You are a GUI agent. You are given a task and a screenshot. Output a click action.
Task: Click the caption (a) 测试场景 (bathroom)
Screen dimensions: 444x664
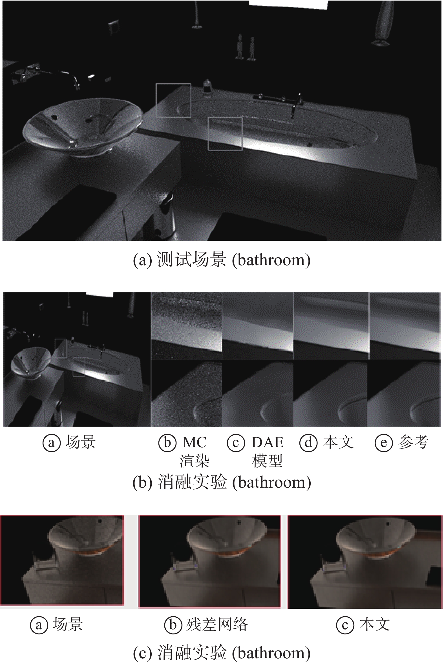click(222, 260)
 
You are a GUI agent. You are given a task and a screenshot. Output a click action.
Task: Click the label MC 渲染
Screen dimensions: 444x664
click(195, 451)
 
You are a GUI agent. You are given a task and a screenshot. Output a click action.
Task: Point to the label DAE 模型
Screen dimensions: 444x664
click(267, 451)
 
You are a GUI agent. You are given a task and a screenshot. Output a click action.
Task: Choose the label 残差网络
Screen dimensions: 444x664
click(217, 624)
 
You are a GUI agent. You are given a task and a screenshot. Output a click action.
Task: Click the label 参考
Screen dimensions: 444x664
click(413, 442)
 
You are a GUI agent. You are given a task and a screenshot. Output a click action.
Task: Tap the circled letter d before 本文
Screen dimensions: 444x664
click(308, 443)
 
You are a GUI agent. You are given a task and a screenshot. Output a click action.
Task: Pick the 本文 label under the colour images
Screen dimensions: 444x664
click(375, 624)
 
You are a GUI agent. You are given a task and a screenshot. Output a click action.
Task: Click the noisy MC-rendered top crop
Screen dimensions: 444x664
click(187, 326)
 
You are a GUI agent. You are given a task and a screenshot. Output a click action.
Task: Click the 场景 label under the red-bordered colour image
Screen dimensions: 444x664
click(68, 624)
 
